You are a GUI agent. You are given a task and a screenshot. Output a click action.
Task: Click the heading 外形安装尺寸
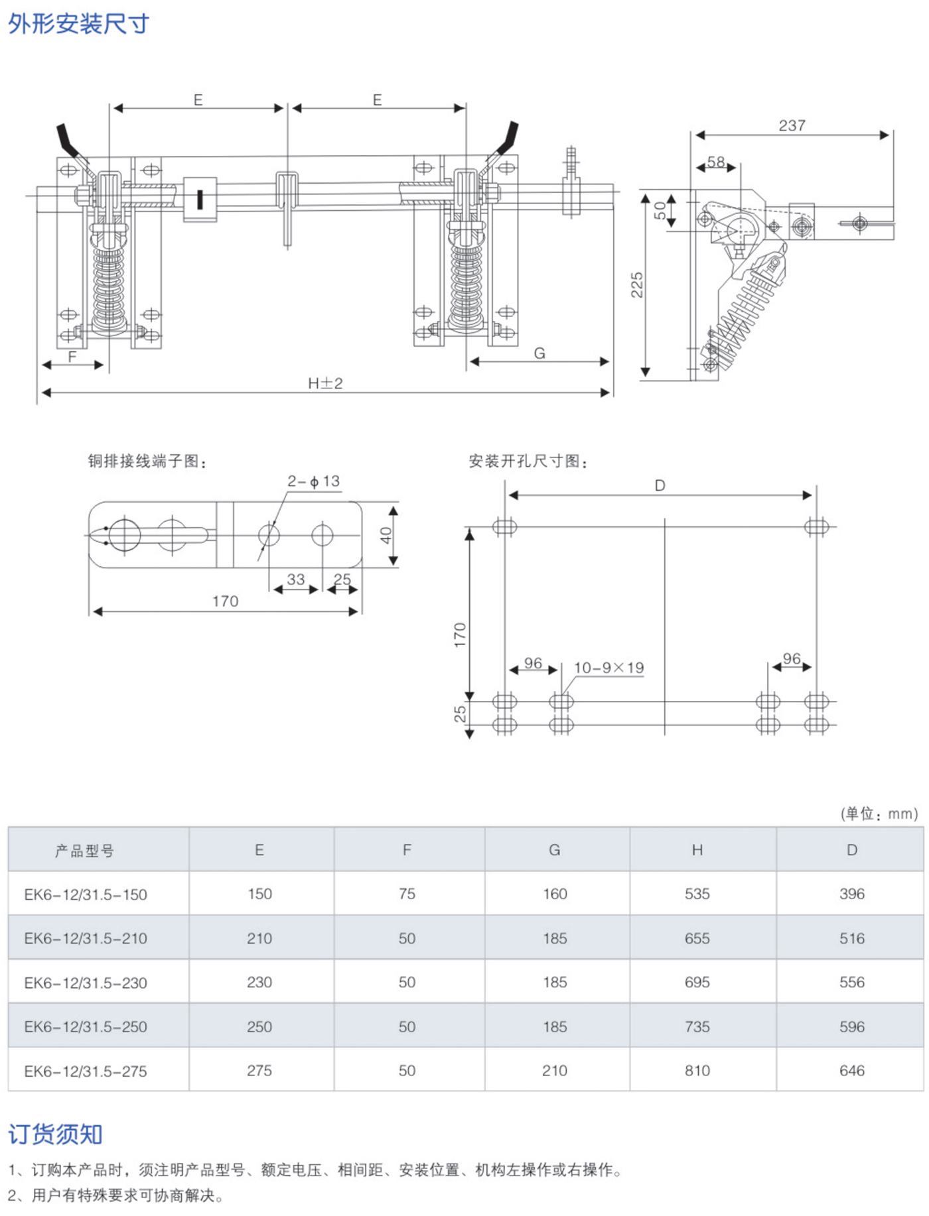coord(78,25)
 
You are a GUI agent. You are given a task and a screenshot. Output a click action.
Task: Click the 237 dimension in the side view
coord(792,125)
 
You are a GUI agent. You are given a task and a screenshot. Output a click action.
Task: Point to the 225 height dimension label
coord(637,284)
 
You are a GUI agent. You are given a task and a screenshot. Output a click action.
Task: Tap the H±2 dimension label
coord(325,383)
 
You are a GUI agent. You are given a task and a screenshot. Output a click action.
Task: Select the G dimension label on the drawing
coord(539,353)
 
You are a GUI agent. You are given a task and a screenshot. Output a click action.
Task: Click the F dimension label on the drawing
coord(72,357)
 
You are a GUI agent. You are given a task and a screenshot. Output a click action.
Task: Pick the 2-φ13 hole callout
coord(313,481)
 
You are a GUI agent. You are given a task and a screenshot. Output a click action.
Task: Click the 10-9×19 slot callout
coord(608,668)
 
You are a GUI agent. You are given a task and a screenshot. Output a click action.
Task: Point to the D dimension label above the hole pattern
coord(660,485)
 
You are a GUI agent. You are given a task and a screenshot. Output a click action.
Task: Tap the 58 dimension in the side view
coord(715,162)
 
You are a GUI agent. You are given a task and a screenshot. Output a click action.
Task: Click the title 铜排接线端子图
coord(147,461)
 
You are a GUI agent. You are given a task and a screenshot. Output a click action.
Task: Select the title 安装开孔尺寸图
coord(528,461)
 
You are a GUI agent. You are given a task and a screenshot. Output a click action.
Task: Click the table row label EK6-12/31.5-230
coord(86,983)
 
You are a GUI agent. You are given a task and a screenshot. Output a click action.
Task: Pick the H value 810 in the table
coord(697,1070)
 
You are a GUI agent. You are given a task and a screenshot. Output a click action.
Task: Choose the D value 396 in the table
coord(851,894)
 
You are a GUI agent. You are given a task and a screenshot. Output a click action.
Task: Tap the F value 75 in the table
coord(407,894)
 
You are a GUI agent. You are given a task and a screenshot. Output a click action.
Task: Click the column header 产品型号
coord(84,851)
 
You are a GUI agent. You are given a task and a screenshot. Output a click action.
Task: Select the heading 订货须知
coord(56,1134)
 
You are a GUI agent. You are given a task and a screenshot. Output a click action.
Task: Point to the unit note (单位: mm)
coord(879,814)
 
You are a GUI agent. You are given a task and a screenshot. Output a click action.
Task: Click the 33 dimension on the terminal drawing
coord(295,579)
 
